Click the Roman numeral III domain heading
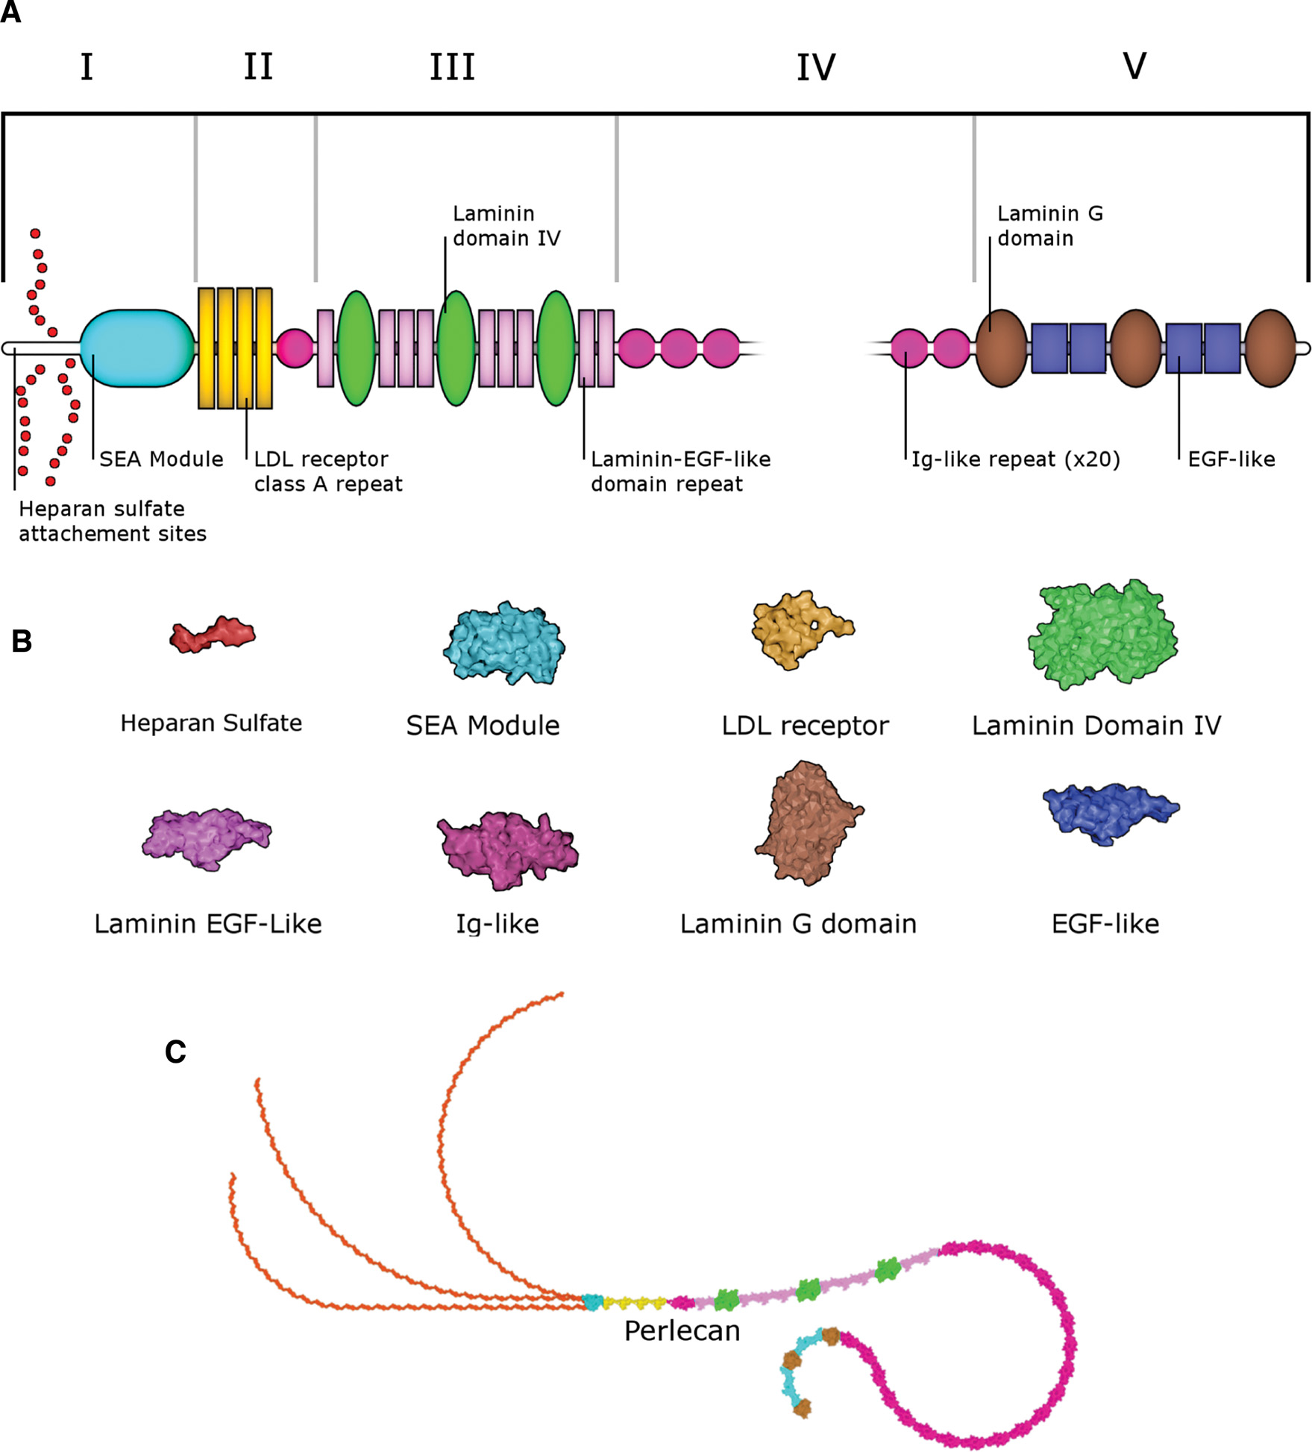[452, 68]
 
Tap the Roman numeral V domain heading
[1134, 66]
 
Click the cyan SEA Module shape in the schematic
[136, 348]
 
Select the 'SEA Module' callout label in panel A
[161, 459]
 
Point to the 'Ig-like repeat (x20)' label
[1015, 459]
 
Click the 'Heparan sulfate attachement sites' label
[112, 521]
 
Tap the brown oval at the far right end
[1270, 348]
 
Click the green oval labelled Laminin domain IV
[456, 348]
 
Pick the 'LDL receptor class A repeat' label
[327, 471]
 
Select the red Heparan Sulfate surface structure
[213, 635]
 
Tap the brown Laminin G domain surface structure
[809, 822]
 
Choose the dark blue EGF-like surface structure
[1110, 813]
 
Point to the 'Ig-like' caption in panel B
[498, 923]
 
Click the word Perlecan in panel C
[682, 1330]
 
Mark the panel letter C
[175, 1052]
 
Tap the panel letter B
[22, 641]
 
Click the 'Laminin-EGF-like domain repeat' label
[679, 471]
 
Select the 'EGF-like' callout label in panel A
[1231, 459]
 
